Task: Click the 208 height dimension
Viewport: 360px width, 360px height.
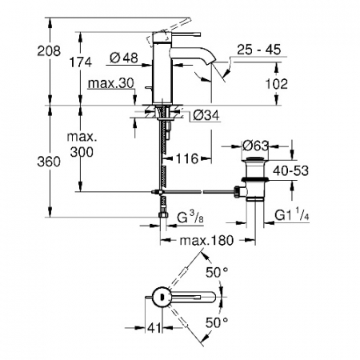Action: point(49,50)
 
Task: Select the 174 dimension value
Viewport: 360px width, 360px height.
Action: point(81,62)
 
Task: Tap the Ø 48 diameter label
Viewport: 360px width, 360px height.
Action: point(124,58)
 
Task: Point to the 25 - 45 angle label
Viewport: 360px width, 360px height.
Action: point(259,50)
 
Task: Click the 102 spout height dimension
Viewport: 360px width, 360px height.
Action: point(277,84)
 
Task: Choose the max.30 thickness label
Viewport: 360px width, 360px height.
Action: point(111,83)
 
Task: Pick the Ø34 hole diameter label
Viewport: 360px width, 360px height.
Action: point(206,115)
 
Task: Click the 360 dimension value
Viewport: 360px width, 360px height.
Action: point(49,162)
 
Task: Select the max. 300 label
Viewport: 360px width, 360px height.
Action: point(82,145)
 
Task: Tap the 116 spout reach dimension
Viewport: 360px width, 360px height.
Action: point(187,159)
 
